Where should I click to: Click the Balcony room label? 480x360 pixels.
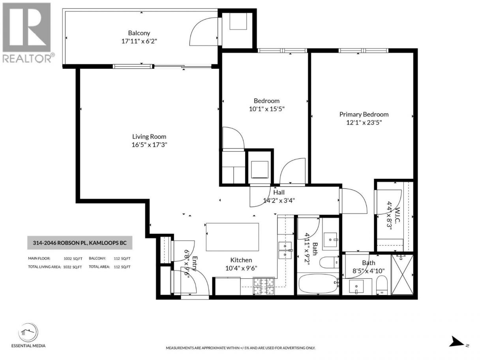click(139, 33)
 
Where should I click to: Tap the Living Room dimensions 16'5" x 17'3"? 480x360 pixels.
click(149, 145)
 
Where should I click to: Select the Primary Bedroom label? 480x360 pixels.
click(364, 114)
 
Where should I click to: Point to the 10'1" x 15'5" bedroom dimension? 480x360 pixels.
click(266, 109)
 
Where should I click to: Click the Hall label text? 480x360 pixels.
click(279, 192)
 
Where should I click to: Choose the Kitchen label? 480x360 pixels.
click(241, 260)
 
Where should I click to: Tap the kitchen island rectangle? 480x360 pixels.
click(232, 237)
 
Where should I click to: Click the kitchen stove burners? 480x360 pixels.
click(264, 286)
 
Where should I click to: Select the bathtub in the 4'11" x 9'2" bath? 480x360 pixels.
click(318, 283)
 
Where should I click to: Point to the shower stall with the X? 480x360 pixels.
click(402, 275)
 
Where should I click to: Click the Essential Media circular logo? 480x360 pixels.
click(28, 332)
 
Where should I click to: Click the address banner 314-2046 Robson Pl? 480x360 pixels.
click(80, 243)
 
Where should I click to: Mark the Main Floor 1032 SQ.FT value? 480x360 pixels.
click(73, 259)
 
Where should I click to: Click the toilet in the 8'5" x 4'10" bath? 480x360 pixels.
click(382, 285)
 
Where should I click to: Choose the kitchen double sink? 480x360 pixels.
click(285, 250)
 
